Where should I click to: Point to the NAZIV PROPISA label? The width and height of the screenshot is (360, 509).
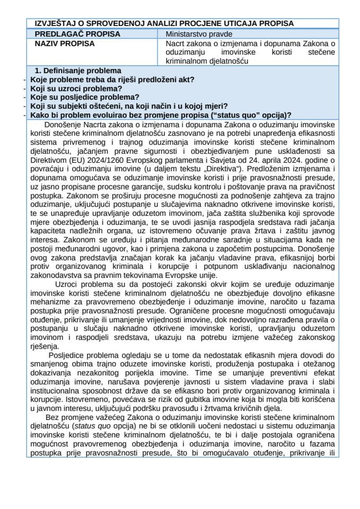[x=61, y=43]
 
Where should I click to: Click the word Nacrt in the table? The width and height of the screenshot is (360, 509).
[x=174, y=43]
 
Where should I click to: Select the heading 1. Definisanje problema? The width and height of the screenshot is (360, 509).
[x=77, y=71]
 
